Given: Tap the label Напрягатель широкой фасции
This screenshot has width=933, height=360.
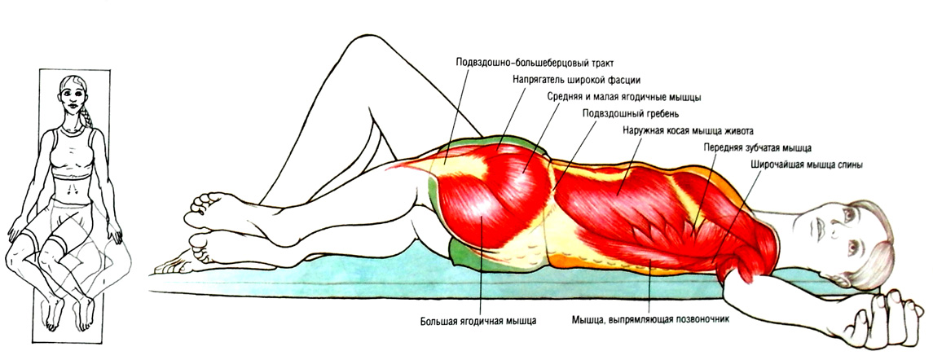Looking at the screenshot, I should (577, 80).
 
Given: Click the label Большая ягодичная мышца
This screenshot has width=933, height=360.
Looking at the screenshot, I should (479, 320).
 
